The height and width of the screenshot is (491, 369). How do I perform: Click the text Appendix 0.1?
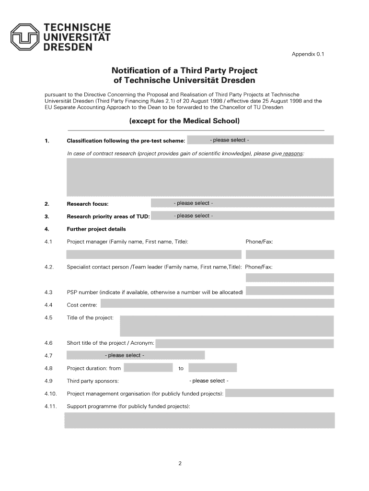308,55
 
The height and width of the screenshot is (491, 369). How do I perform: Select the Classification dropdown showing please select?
260,140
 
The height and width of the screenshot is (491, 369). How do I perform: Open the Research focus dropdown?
242,203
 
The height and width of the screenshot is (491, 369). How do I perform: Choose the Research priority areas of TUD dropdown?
242,216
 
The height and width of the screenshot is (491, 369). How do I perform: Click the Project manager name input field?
153,254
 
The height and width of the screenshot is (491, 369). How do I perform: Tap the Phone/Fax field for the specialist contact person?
289,278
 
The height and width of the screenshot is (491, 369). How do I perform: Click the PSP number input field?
289,292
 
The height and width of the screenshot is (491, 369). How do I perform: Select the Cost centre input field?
217,304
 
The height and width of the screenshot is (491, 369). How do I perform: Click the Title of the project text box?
226,326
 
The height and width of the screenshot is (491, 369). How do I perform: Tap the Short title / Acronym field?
244,343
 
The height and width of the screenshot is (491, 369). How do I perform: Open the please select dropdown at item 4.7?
136,355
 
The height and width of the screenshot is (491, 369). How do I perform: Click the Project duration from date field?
148,368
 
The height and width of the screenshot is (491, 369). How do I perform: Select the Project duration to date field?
212,368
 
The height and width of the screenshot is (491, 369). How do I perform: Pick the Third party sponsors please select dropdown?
209,381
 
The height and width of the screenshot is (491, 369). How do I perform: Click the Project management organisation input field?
279,393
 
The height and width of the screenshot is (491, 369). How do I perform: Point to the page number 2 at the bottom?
179,464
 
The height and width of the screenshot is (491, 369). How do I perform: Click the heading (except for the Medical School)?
184,120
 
